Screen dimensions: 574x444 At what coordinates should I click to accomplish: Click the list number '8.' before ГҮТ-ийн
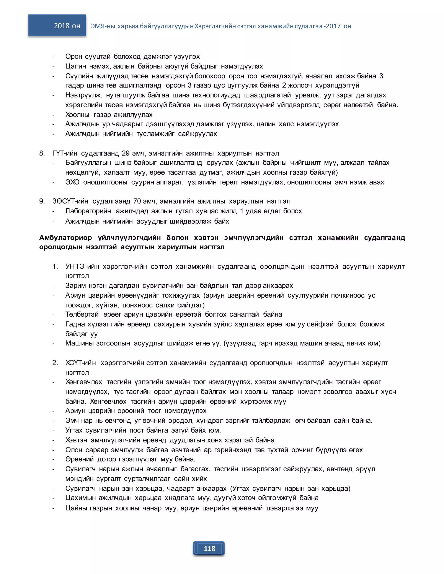[x=42, y=153]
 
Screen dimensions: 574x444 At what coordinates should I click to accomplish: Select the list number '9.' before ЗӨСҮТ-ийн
[x=42, y=201]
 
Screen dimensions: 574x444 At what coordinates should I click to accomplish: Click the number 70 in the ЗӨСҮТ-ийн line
[x=137, y=201]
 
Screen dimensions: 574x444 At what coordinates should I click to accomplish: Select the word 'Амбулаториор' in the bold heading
[x=65, y=238]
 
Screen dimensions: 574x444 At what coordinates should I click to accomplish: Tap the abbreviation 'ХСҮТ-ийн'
[x=80, y=363]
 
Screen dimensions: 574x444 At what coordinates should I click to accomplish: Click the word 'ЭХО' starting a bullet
[x=72, y=182]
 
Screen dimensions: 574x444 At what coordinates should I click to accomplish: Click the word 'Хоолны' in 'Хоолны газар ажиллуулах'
[x=77, y=115]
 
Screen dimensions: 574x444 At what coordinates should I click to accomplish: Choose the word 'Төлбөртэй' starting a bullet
[x=82, y=314]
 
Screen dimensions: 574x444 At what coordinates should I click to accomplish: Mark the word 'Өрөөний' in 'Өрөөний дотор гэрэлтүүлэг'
[x=79, y=459]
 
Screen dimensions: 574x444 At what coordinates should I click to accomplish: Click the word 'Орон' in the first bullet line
[x=74, y=57]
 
